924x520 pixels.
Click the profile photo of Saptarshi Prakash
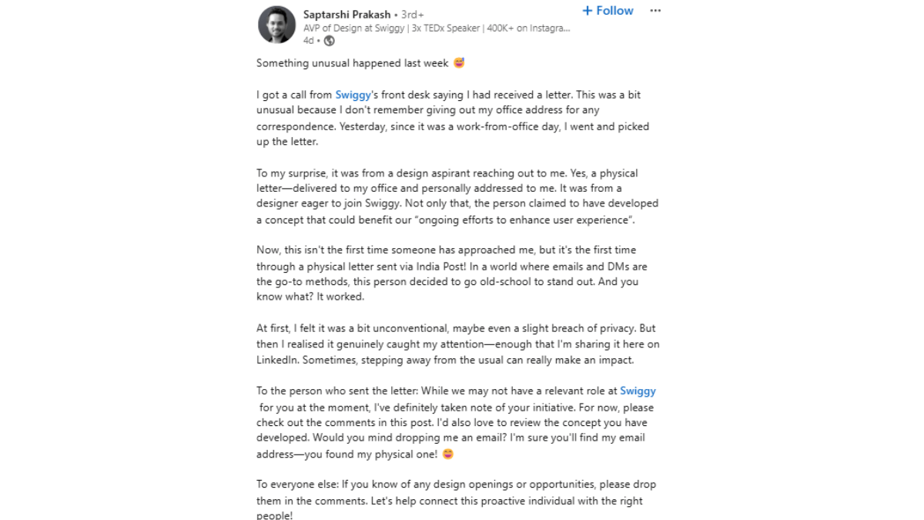[276, 25]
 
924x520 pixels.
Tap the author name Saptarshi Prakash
[346, 15]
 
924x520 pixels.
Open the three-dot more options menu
[655, 11]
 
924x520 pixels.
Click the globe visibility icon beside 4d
[330, 41]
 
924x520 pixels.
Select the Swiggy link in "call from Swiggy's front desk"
[353, 95]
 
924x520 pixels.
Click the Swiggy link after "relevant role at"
[638, 391]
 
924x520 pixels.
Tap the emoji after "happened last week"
[460, 63]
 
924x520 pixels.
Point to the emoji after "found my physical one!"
[447, 454]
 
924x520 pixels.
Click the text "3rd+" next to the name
[413, 15]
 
